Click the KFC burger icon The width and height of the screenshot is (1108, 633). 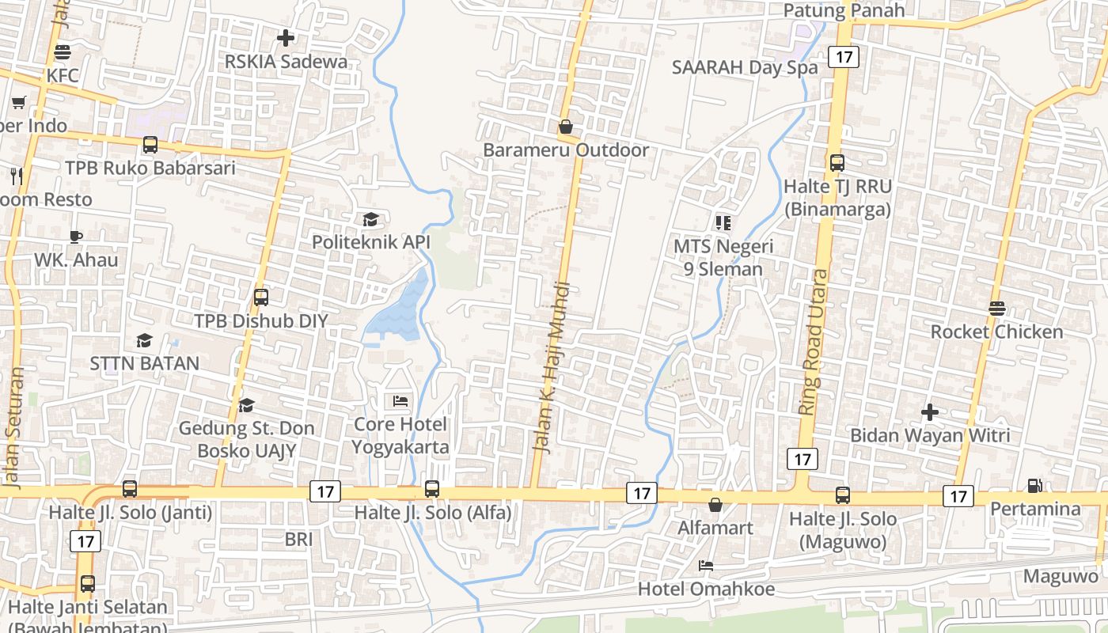63,52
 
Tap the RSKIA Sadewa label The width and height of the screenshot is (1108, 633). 286,62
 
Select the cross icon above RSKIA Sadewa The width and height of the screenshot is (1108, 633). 286,37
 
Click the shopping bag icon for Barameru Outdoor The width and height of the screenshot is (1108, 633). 566,127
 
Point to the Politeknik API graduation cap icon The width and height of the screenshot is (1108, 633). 370,219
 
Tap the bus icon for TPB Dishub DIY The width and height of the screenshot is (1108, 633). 261,298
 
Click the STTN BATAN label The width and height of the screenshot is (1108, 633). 144,364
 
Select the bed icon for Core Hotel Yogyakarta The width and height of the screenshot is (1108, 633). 400,401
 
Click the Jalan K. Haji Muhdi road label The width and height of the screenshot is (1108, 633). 552,367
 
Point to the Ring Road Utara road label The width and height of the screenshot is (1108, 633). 814,342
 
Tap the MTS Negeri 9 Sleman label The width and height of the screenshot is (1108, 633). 723,257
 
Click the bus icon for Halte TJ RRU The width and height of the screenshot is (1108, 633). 837,163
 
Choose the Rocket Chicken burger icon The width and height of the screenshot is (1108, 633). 996,309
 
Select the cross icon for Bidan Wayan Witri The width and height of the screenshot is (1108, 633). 930,412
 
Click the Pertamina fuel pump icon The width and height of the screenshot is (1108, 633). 1034,485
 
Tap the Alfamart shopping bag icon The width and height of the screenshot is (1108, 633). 715,504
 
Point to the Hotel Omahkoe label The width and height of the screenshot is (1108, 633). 706,589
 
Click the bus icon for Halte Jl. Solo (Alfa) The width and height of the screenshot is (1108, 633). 432,489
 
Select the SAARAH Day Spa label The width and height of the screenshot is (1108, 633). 745,68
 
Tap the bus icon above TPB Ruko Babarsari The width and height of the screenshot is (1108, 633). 150,145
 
